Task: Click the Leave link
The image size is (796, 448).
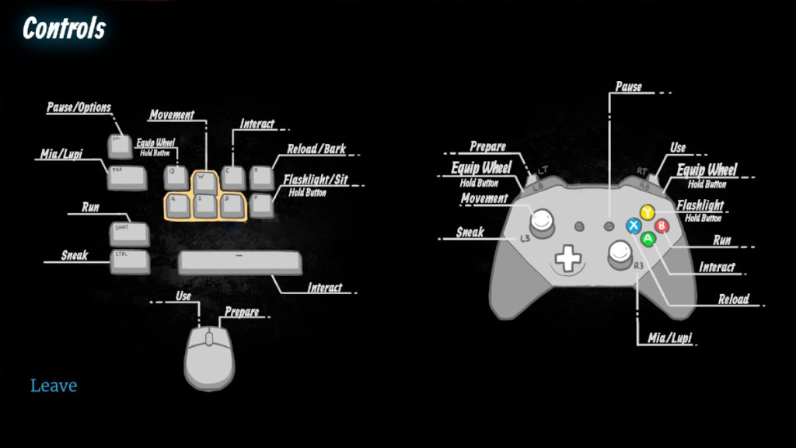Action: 54,386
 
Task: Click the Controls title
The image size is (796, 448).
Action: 64,29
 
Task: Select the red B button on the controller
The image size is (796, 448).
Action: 662,226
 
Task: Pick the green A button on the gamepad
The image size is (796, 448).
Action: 648,240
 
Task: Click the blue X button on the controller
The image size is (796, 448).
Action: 634,226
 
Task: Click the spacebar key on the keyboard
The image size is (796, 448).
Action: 239,262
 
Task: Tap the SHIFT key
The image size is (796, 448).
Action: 128,233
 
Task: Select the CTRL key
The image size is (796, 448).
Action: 129,261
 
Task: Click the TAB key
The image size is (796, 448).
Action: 127,177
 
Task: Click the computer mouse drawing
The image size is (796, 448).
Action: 209,357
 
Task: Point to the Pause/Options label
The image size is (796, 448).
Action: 79,107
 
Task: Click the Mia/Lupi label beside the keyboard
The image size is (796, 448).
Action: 61,154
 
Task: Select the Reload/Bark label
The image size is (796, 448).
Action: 316,149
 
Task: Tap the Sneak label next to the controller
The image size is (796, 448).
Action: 470,232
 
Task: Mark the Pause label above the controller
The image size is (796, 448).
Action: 628,86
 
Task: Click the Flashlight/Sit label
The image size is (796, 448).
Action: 316,180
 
